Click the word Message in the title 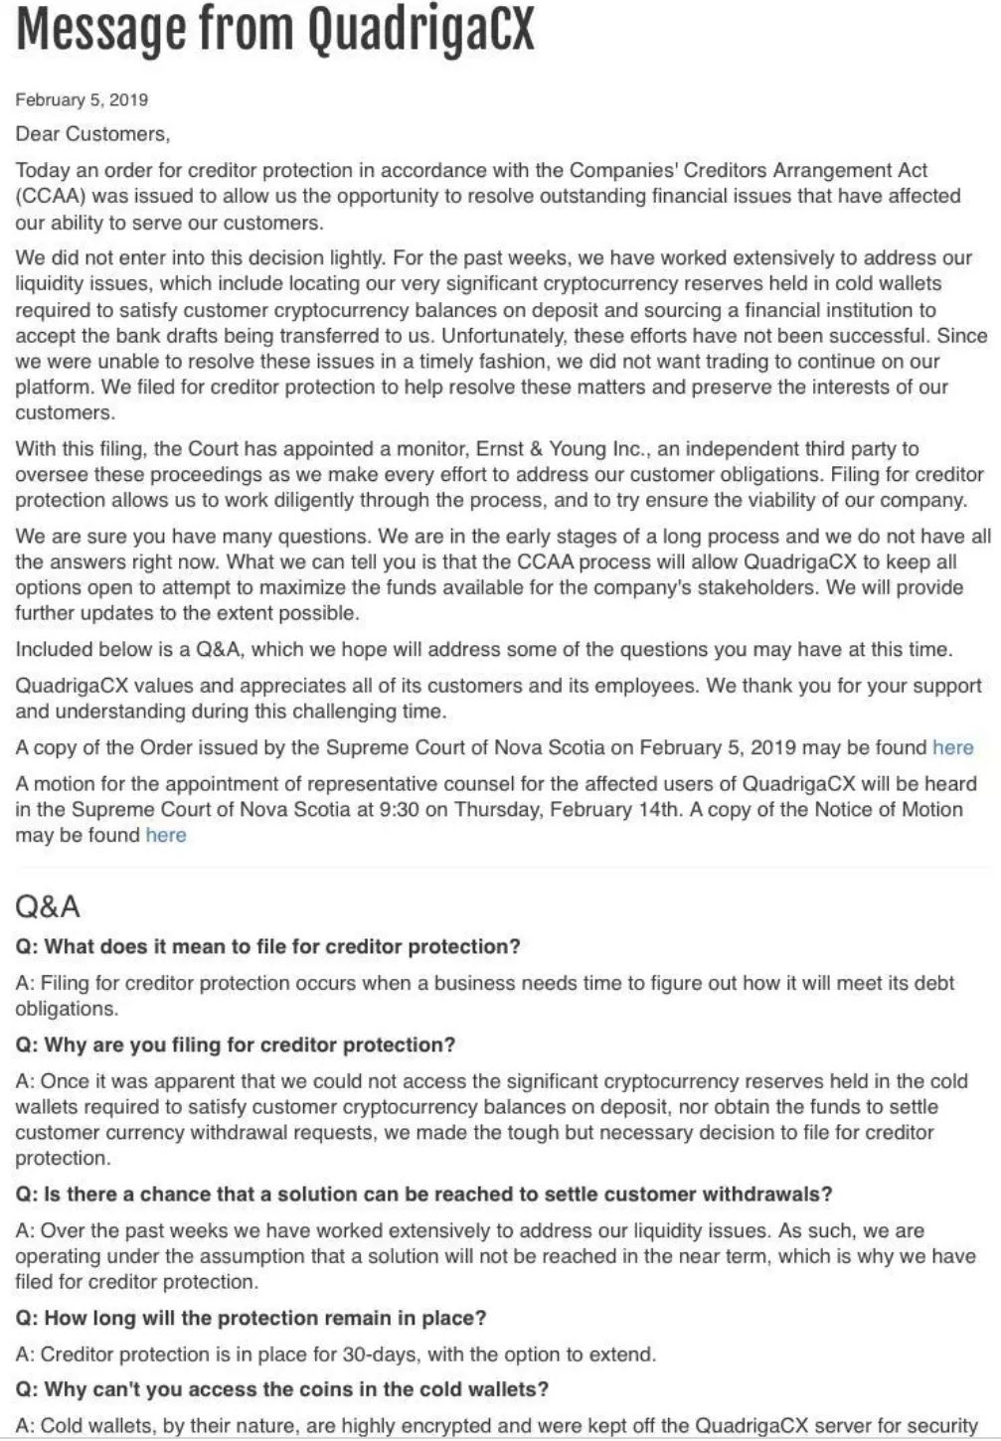coord(100,32)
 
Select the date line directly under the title coord(82,99)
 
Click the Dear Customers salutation coord(92,133)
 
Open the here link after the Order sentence coord(952,747)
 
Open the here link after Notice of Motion coord(166,835)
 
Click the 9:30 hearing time coord(401,809)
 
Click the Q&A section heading coord(48,906)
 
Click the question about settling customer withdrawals coord(423,1194)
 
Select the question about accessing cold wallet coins coord(282,1389)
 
